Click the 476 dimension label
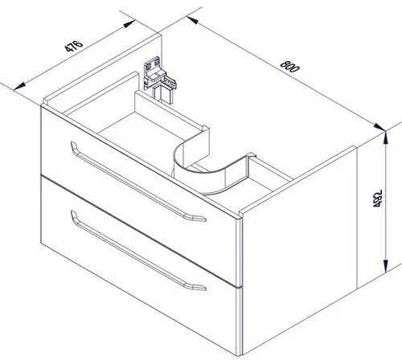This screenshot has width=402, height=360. (74, 46)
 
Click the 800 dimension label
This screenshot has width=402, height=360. (289, 67)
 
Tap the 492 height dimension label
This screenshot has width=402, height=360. (377, 198)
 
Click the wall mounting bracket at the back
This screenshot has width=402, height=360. (159, 79)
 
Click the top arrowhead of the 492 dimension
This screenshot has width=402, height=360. (385, 138)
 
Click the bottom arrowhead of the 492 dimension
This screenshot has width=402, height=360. (385, 266)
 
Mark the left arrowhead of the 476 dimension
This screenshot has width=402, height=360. (20, 86)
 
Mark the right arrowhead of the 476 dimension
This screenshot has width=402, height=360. (129, 24)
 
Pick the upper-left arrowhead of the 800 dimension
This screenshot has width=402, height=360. (192, 20)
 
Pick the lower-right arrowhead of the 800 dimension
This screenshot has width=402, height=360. (379, 127)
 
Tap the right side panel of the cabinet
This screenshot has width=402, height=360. (300, 252)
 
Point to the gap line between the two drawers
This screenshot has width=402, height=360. (138, 231)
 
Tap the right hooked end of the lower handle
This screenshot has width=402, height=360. (198, 287)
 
